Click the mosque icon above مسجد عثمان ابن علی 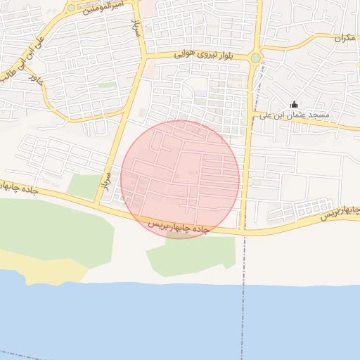pos(294,104)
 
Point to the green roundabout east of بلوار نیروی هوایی pos(255,58)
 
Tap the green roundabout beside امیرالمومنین pos(71,8)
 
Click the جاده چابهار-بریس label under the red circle pos(179,226)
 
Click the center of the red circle pos(180,179)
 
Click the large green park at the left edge pos(49,229)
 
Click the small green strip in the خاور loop pos(107,85)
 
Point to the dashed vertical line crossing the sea pos(244,316)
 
